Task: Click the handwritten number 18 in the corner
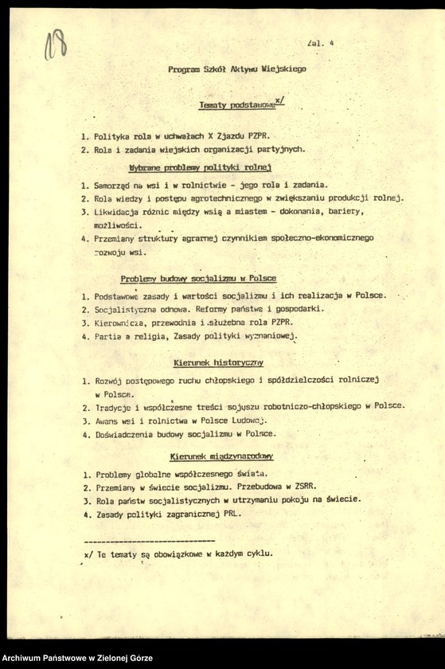point(55,44)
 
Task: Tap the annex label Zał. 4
point(320,44)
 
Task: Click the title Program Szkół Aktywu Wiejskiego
point(237,69)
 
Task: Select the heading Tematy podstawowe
point(236,105)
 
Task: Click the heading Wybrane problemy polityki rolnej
point(200,167)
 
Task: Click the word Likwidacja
point(118,211)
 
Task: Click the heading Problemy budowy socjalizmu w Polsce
point(198,279)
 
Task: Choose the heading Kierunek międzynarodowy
point(221,456)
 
